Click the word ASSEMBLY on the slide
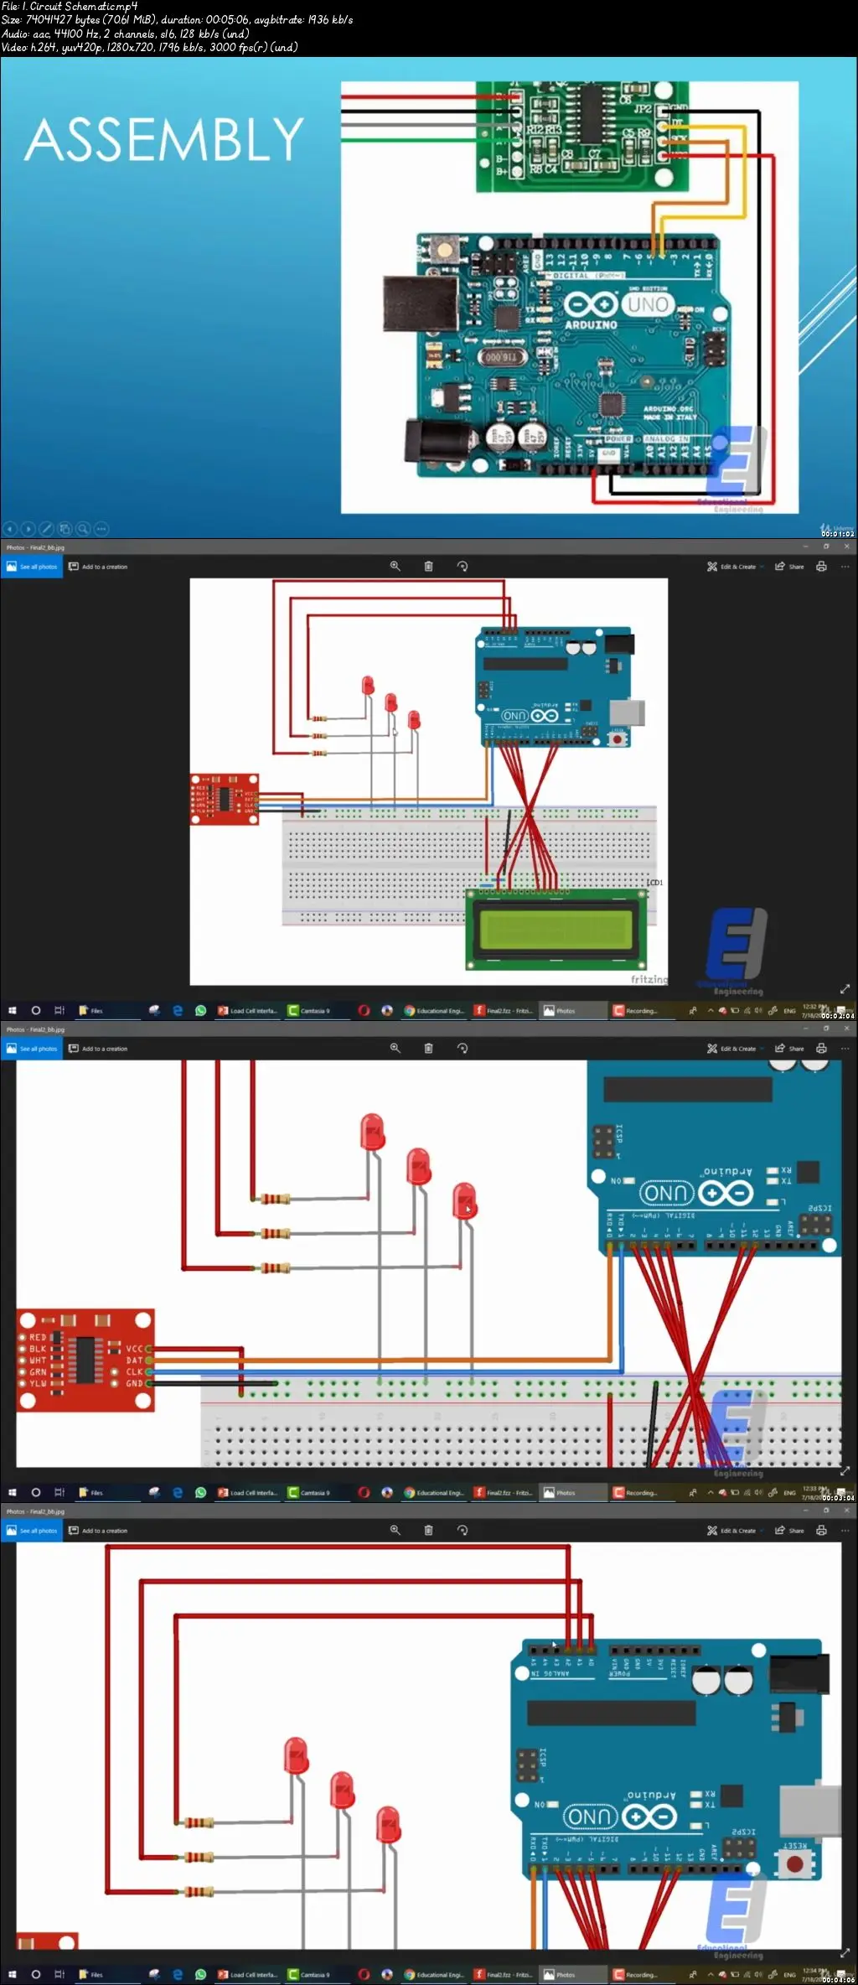(x=164, y=139)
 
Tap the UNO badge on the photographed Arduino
(x=648, y=304)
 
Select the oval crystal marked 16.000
(x=501, y=357)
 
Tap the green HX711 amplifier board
(x=581, y=136)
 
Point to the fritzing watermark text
(x=649, y=979)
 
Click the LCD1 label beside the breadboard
(x=654, y=883)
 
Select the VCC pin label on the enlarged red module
(x=134, y=1349)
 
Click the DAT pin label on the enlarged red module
(x=134, y=1360)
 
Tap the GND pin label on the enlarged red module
(x=134, y=1383)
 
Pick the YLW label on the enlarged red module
(x=39, y=1383)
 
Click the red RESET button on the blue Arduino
(x=794, y=1864)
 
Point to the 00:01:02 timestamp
(x=837, y=533)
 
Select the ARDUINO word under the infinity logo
(x=591, y=324)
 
